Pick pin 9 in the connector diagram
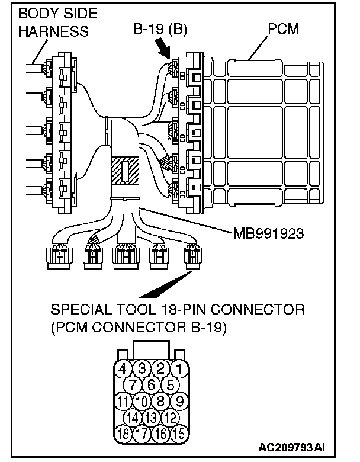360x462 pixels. pyautogui.click(x=181, y=401)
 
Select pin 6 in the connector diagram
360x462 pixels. pyautogui.click(x=152, y=386)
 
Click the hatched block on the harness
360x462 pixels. pyautogui.click(x=125, y=172)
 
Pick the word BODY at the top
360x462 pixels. pyautogui.click(x=36, y=14)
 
